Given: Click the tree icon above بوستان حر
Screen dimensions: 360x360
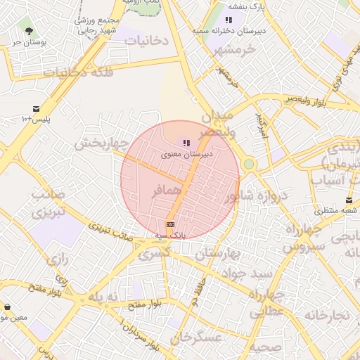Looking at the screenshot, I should (x=29, y=31).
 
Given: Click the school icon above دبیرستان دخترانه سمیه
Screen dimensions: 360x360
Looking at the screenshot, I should (x=229, y=20).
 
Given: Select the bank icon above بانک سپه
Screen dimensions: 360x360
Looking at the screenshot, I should (x=169, y=224).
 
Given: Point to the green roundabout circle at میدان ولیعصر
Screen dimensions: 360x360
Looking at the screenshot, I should (x=248, y=164).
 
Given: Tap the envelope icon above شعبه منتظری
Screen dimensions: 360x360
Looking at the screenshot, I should (x=349, y=200).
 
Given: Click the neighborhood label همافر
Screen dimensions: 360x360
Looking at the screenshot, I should (x=166, y=191).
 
